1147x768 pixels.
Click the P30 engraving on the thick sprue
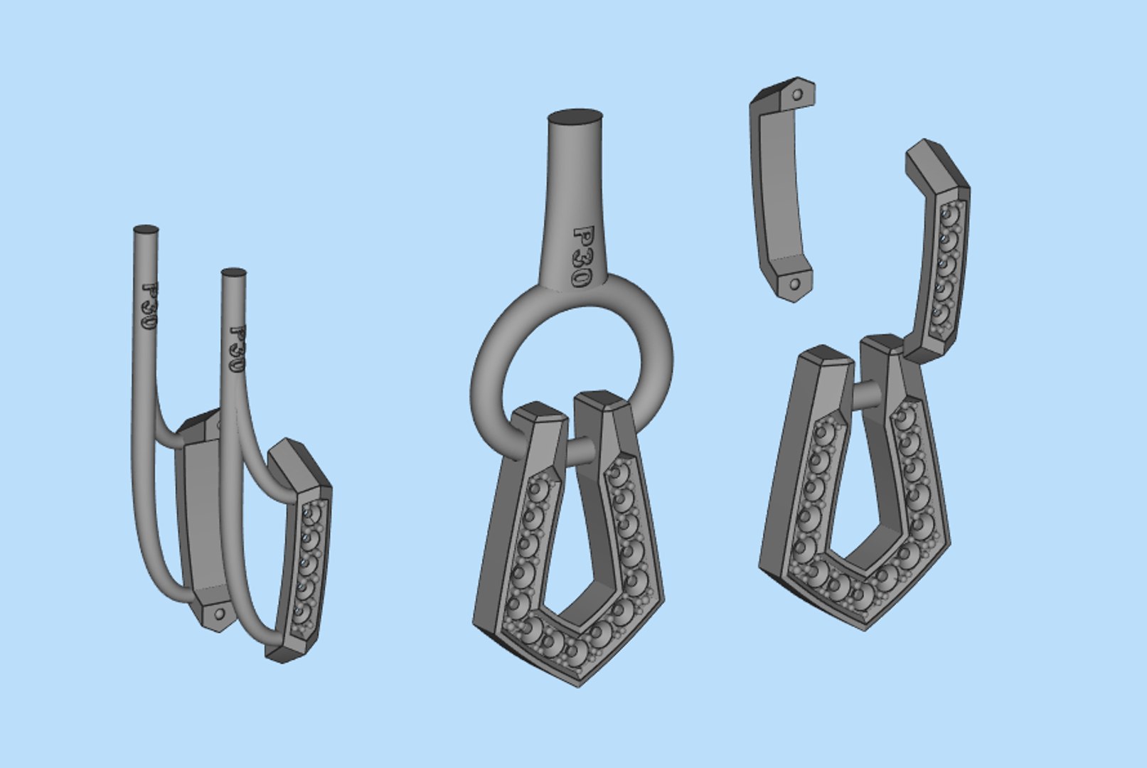tap(582, 257)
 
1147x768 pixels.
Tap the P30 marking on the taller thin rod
tap(149, 306)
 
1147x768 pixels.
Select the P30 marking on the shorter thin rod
tap(236, 350)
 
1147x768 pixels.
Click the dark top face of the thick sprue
tap(575, 117)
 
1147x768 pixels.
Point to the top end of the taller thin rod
tap(146, 230)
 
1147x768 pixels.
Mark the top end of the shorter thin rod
tap(234, 273)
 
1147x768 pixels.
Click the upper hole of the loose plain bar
tap(797, 94)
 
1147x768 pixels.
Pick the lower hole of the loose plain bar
tap(794, 284)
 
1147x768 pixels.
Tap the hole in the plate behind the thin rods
tap(220, 613)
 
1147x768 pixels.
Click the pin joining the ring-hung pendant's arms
tap(581, 449)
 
